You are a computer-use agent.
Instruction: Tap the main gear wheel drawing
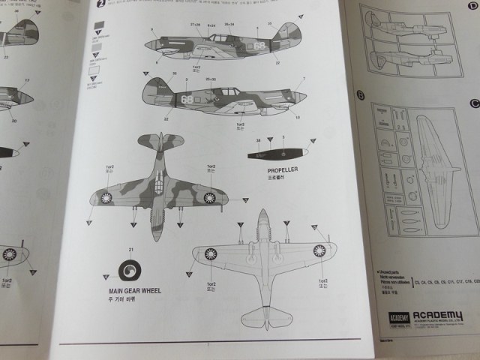pyautogui.click(x=132, y=269)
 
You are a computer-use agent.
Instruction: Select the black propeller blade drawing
pyautogui.click(x=274, y=154)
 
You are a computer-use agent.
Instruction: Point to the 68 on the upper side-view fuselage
pyautogui.click(x=259, y=45)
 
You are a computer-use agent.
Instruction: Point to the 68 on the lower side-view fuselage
pyautogui.click(x=187, y=98)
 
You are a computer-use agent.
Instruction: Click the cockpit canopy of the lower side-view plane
pyautogui.click(x=226, y=93)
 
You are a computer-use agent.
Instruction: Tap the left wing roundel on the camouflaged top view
pyautogui.click(x=107, y=198)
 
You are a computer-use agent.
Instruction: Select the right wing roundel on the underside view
pyautogui.click(x=319, y=251)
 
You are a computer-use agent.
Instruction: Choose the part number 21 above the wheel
pyautogui.click(x=130, y=249)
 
